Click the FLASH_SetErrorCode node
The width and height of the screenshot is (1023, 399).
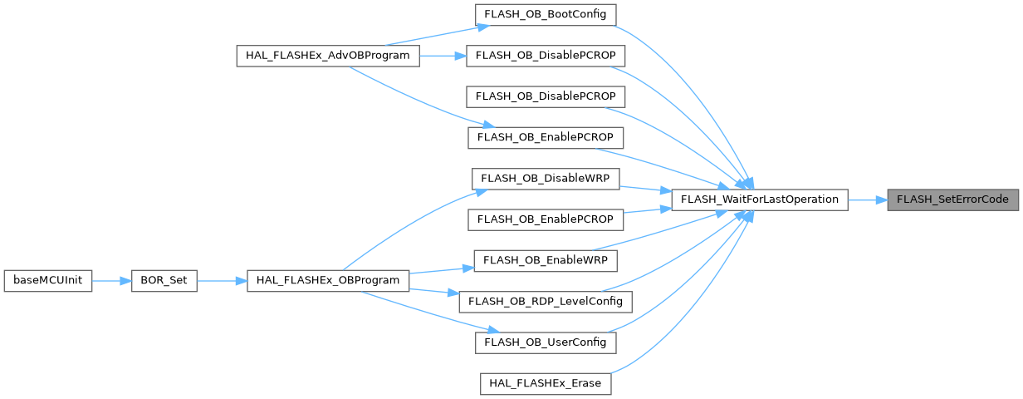tap(954, 199)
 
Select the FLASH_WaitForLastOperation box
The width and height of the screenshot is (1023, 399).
tap(759, 199)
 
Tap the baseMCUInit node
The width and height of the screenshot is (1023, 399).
tap(47, 280)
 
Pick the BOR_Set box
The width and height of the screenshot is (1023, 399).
tap(163, 280)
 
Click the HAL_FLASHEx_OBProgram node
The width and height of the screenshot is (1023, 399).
tap(328, 280)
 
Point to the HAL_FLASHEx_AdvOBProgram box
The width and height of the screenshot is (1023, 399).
tap(327, 56)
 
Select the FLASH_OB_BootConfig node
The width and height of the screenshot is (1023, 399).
tap(545, 15)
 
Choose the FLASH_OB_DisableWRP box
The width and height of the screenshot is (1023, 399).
tap(546, 178)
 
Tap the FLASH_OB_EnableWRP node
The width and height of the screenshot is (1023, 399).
tap(545, 260)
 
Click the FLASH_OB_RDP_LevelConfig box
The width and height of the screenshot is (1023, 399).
tap(545, 300)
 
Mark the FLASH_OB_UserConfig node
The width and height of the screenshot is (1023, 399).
tap(545, 341)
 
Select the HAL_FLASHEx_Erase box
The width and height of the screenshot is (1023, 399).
tap(546, 382)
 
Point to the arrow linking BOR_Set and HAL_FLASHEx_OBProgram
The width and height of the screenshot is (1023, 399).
tap(222, 280)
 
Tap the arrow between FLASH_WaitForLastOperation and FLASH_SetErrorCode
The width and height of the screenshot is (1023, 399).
tap(867, 199)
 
